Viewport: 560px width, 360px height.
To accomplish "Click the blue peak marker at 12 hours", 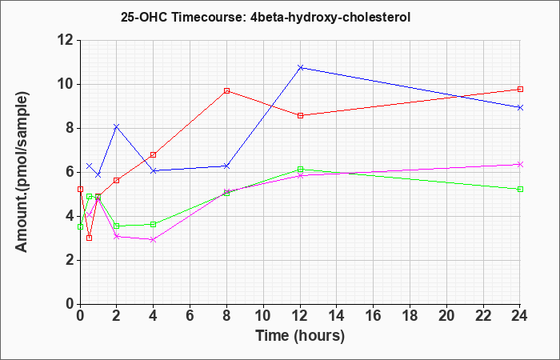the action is click(x=300, y=67).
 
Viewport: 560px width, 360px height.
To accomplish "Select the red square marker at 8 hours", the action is click(x=226, y=90).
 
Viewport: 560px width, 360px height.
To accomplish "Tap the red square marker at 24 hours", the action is click(x=520, y=89).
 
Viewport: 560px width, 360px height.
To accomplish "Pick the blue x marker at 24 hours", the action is click(x=520, y=107).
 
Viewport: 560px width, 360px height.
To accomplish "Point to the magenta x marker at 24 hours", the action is click(x=520, y=164).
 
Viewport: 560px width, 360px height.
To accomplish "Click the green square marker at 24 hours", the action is click(x=520, y=189).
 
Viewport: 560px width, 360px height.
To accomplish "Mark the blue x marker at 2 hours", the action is click(x=117, y=126).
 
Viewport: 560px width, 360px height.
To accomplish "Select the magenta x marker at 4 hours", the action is click(x=154, y=240).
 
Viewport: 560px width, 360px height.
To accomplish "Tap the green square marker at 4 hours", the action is click(x=154, y=224).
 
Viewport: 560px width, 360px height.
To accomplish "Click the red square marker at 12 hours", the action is click(x=300, y=115).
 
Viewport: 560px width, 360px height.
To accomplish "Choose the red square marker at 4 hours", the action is click(x=154, y=154).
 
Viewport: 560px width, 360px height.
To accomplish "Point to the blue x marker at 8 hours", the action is click(x=226, y=166).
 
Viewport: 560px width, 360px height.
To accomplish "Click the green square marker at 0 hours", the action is click(x=80, y=226).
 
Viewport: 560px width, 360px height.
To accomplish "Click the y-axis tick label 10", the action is click(x=66, y=84).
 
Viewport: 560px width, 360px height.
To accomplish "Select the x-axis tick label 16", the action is click(x=374, y=316).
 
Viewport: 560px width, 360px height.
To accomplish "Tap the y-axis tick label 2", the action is click(x=70, y=260).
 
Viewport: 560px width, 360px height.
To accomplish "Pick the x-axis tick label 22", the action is click(x=483, y=316).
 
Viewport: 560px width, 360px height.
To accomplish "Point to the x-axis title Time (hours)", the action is click(x=300, y=336).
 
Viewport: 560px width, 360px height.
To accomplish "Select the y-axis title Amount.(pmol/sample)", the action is click(x=22, y=172).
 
